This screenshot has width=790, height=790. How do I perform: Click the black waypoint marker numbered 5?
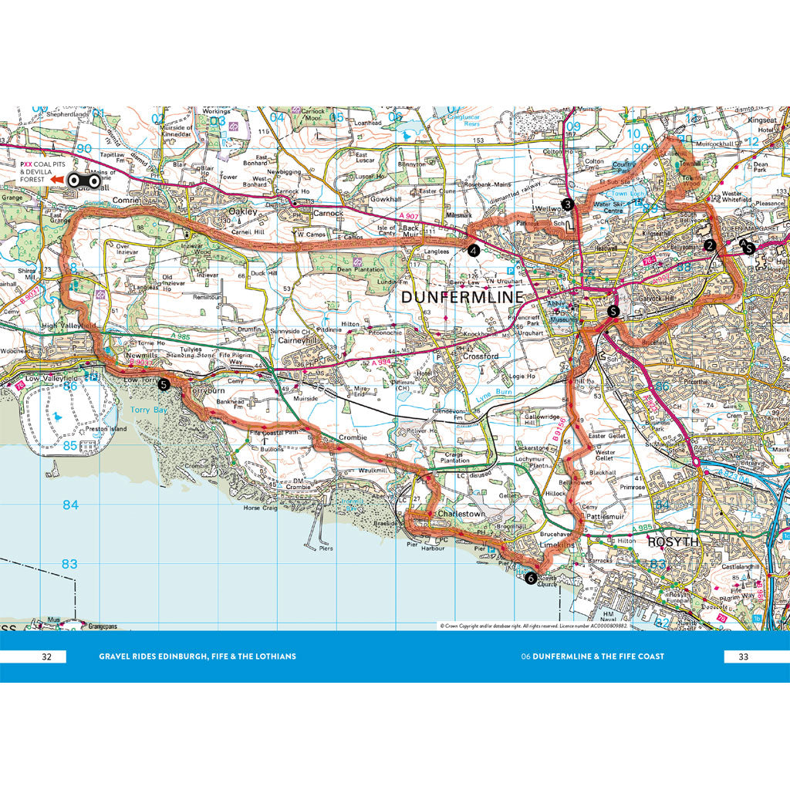pyautogui.click(x=163, y=384)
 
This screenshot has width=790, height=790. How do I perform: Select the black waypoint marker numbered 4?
pyautogui.click(x=473, y=250)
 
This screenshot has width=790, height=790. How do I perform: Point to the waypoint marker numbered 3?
pyautogui.click(x=568, y=204)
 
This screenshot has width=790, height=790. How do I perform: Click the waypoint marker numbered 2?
pyautogui.click(x=710, y=246)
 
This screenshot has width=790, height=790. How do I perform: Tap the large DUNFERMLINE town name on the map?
pyautogui.click(x=461, y=297)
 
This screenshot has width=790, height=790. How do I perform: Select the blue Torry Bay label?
pyautogui.click(x=148, y=410)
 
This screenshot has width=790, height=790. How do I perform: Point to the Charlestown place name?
pyautogui.click(x=461, y=513)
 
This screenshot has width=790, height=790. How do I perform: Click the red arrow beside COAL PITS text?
pyautogui.click(x=57, y=181)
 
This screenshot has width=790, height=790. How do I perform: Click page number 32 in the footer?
pyautogui.click(x=46, y=657)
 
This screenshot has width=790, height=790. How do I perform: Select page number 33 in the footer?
pyautogui.click(x=744, y=657)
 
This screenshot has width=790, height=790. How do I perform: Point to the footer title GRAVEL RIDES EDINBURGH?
pyautogui.click(x=197, y=657)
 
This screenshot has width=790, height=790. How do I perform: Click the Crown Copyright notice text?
pyautogui.click(x=533, y=626)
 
